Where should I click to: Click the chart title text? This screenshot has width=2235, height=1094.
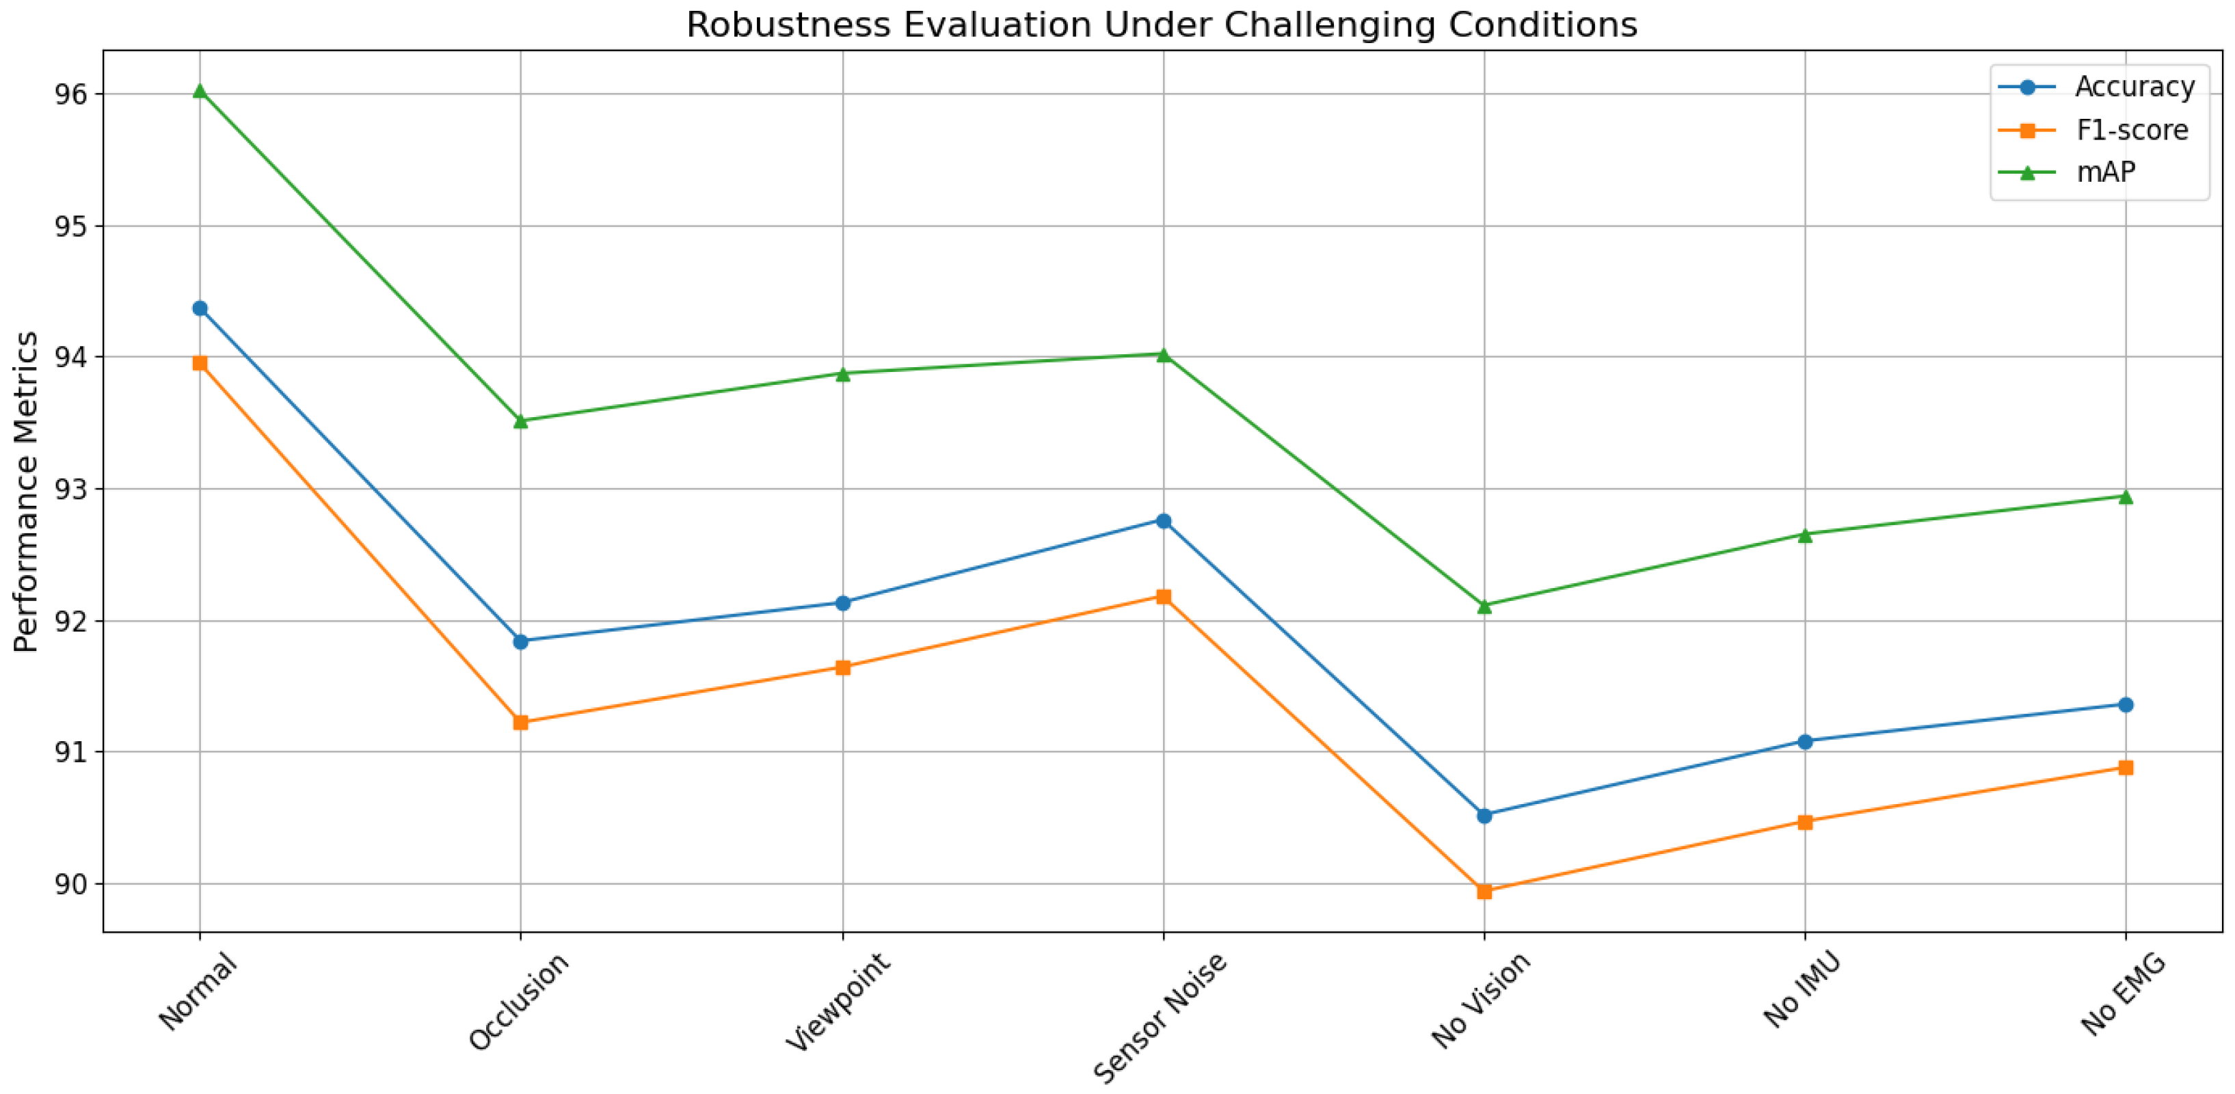pos(1162,25)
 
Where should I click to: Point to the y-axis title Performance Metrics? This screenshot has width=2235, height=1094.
pos(26,491)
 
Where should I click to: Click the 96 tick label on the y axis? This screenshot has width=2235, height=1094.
pos(71,94)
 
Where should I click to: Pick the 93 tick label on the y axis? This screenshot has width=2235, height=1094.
pos(71,490)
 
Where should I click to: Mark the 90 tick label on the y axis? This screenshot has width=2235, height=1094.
pos(71,884)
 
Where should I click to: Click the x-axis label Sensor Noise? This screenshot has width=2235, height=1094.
pos(1160,1017)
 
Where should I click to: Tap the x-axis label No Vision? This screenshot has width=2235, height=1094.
pos(1481,1000)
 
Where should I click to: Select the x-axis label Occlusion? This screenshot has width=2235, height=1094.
pos(519,1001)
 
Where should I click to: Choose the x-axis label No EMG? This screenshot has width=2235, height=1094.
pos(2123,994)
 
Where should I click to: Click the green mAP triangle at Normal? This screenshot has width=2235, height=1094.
pos(200,91)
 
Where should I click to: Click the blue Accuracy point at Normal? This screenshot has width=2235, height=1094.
pos(200,308)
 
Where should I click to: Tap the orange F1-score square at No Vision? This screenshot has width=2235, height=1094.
pos(1484,891)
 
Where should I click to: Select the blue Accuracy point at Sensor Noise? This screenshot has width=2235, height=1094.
pos(1164,520)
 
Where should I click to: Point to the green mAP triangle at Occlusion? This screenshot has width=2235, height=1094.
pos(520,421)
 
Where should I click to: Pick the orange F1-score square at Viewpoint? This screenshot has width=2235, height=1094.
pos(842,667)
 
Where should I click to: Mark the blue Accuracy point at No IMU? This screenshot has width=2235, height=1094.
pos(1805,741)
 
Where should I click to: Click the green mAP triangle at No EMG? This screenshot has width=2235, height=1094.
pos(2126,496)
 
